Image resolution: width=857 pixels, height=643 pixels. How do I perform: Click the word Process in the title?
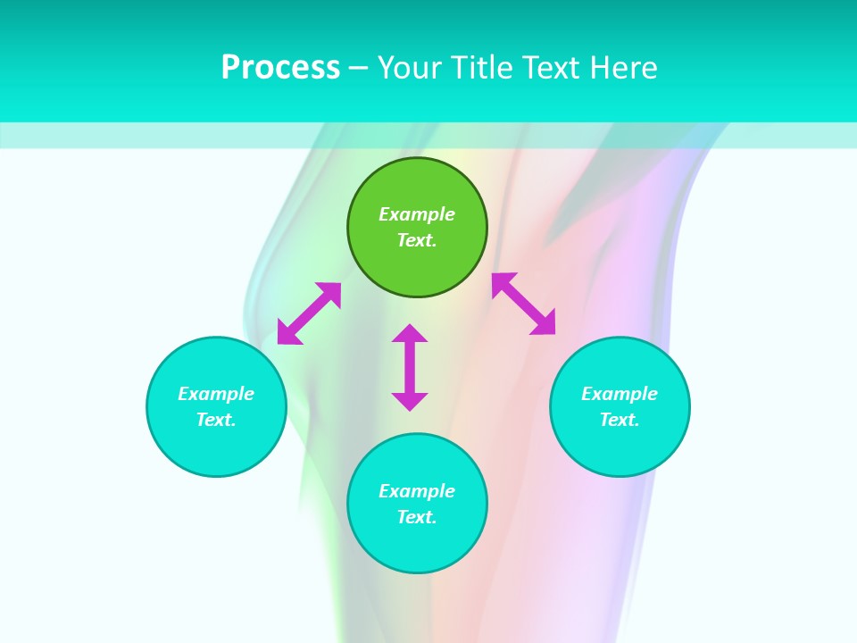[280, 68]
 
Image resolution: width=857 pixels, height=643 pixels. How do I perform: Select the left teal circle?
[216, 447]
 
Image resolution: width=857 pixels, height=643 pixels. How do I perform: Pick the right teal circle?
[620, 447]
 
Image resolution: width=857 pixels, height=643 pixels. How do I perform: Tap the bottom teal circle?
[417, 545]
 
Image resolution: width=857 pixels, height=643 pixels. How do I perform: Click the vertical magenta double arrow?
[410, 367]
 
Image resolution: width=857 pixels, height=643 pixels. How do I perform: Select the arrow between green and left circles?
[309, 313]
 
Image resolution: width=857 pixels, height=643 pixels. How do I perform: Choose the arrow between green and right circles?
[524, 304]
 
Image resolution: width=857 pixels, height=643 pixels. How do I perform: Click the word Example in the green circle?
[417, 214]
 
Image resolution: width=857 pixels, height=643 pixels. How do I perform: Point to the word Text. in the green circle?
[417, 240]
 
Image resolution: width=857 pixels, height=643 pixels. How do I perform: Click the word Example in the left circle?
[216, 394]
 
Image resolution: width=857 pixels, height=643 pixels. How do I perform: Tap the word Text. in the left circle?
[216, 420]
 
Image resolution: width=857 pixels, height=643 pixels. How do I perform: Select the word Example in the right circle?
[620, 394]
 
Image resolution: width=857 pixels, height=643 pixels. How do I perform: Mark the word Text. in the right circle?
[620, 420]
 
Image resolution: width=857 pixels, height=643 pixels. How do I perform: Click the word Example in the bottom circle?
[417, 491]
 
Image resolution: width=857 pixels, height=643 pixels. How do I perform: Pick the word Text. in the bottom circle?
[417, 517]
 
